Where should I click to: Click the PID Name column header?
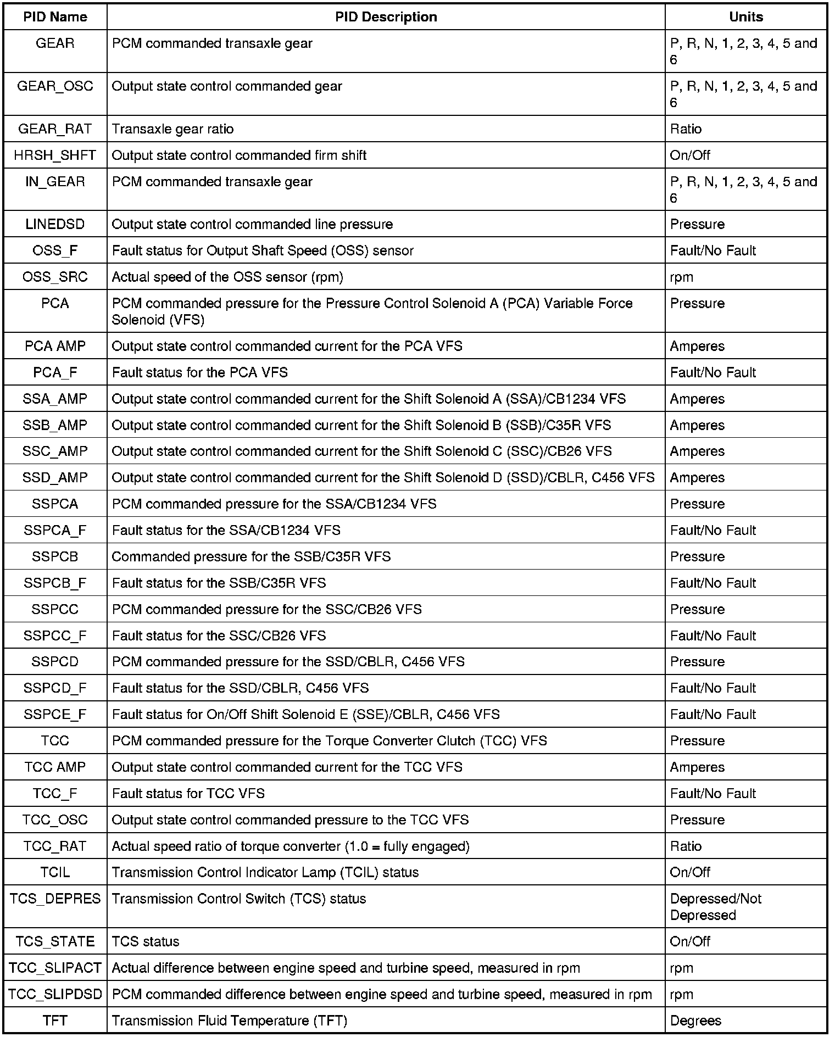point(55,17)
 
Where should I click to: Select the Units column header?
point(745,17)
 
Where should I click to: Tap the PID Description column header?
point(386,17)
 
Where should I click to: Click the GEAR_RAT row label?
point(55,129)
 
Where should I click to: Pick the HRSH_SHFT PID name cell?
point(55,155)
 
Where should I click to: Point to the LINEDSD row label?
point(55,224)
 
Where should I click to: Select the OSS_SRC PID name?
point(55,277)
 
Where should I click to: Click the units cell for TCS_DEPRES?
point(715,907)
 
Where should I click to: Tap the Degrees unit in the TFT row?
point(695,1021)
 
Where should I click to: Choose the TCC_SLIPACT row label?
point(55,968)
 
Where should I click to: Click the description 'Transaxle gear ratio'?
point(172,129)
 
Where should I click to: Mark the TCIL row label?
point(55,872)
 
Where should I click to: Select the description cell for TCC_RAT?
point(291,846)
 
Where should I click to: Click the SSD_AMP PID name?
point(55,477)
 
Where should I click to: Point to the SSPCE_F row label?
point(55,714)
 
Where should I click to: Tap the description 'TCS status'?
point(146,941)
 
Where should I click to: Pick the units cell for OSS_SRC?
point(681,277)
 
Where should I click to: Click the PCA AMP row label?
point(55,346)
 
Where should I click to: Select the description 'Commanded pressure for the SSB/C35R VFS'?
point(251,556)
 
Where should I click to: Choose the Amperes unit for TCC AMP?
point(697,767)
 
